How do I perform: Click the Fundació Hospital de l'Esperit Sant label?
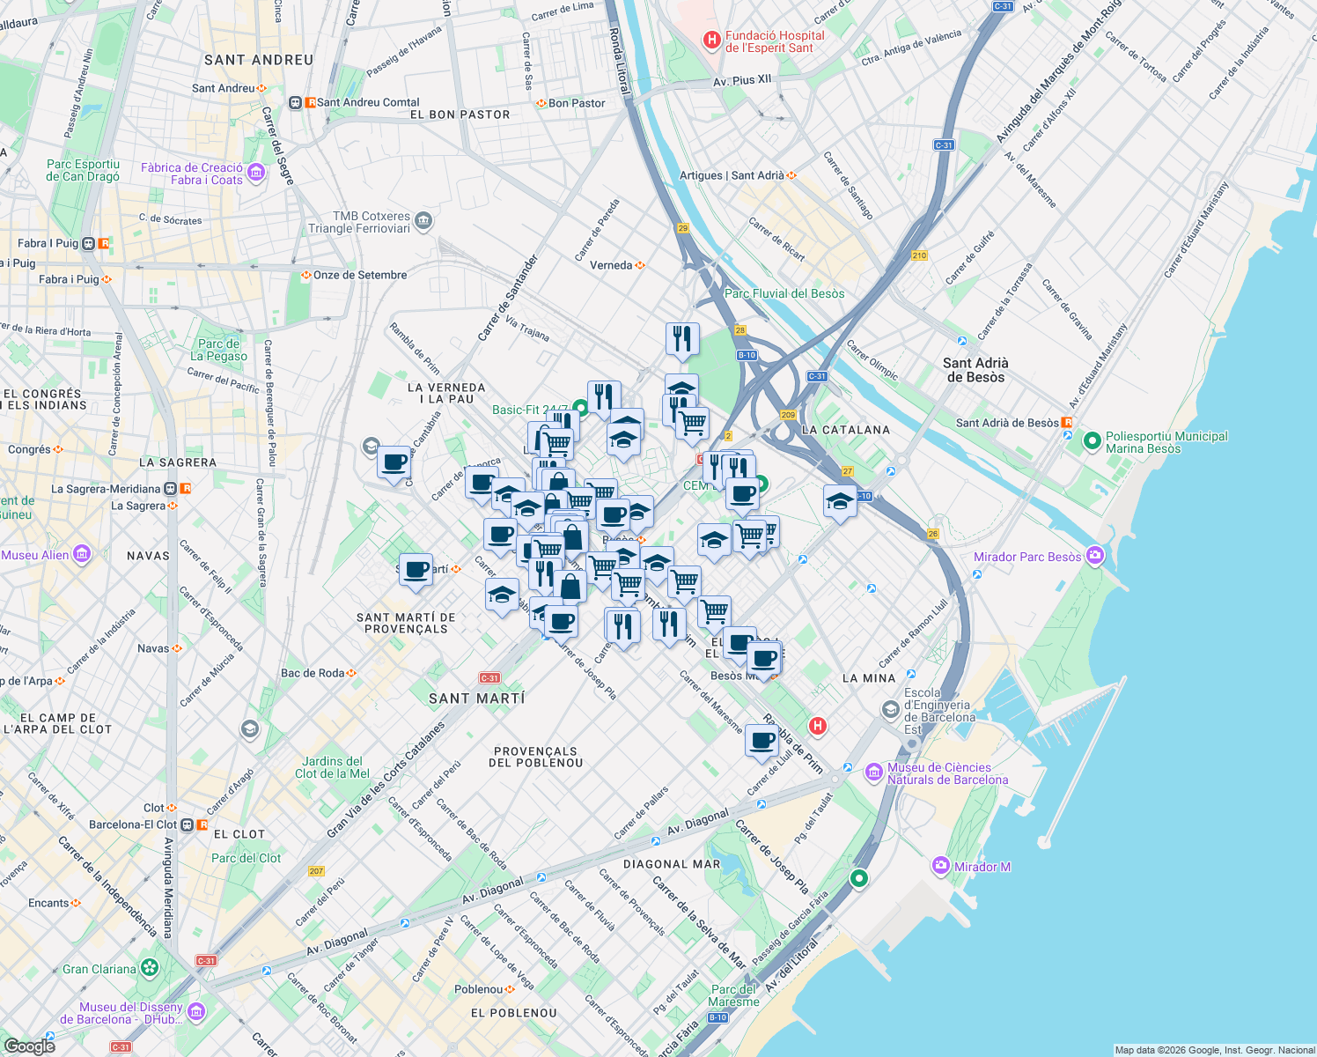click(x=775, y=42)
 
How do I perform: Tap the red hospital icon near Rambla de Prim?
click(x=818, y=726)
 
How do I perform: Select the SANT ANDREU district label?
click(x=259, y=60)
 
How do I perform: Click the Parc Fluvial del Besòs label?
click(x=784, y=293)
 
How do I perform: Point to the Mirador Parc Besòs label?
click(x=1026, y=557)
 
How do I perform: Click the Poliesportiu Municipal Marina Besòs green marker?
click(x=1092, y=440)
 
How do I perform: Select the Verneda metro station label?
click(x=611, y=265)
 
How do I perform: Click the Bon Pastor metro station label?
click(x=577, y=103)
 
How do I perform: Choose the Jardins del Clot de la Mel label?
click(x=332, y=767)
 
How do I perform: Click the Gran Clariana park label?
click(x=99, y=969)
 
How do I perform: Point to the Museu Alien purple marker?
click(x=82, y=554)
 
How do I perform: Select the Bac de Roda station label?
click(x=313, y=673)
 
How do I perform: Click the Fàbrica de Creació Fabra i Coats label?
click(x=192, y=174)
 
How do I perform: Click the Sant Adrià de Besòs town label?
click(x=975, y=370)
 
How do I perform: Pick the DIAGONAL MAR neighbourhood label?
click(x=672, y=864)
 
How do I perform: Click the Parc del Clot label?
click(x=246, y=858)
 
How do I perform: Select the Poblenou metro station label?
click(x=479, y=989)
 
